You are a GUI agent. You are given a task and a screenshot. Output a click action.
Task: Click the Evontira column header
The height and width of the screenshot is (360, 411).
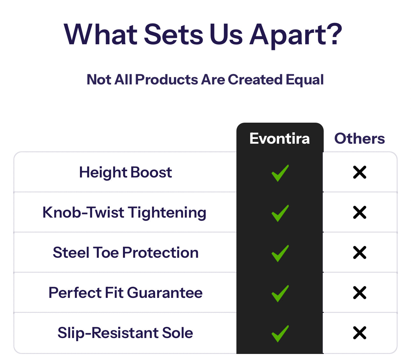[x=279, y=138]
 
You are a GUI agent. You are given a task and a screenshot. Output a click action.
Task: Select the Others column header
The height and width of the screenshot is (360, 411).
[x=359, y=138]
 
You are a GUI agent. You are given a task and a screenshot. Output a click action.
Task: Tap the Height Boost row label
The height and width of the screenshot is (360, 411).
[x=126, y=172]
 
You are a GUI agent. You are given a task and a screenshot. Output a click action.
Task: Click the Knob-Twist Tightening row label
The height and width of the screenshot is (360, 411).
[x=124, y=212]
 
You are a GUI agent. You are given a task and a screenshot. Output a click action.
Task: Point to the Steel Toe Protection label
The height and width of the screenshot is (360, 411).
[x=126, y=253]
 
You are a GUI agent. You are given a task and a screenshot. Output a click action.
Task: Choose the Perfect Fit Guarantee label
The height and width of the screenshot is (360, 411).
[x=126, y=292]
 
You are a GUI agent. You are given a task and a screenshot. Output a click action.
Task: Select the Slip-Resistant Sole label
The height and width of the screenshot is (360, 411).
[x=125, y=333]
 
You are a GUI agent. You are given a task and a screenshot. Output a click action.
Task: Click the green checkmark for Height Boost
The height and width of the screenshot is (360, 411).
[x=280, y=173]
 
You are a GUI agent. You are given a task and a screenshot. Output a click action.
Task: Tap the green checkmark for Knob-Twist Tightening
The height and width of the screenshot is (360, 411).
[x=280, y=213]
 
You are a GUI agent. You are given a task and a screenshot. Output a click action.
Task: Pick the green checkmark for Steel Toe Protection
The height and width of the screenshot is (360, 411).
[x=280, y=253]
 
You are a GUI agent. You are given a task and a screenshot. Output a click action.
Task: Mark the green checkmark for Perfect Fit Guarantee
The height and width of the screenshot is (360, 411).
[x=280, y=293]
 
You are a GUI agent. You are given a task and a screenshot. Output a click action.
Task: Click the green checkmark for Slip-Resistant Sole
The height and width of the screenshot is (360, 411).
[x=280, y=334]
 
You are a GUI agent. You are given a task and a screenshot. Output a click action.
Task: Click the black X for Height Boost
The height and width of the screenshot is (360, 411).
[x=360, y=172]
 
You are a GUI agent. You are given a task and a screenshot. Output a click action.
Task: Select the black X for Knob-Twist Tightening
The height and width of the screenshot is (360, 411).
[x=360, y=212]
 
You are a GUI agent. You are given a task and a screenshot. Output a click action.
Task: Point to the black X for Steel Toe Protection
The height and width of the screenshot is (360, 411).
[x=360, y=252]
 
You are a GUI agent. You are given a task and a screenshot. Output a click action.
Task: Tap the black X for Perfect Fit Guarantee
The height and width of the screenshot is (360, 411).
[x=360, y=292]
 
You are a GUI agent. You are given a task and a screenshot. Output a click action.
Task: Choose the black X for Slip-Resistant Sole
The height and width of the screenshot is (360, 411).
[x=360, y=333]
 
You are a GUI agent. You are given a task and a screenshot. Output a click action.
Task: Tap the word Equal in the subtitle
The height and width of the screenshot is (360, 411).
[x=305, y=80]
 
